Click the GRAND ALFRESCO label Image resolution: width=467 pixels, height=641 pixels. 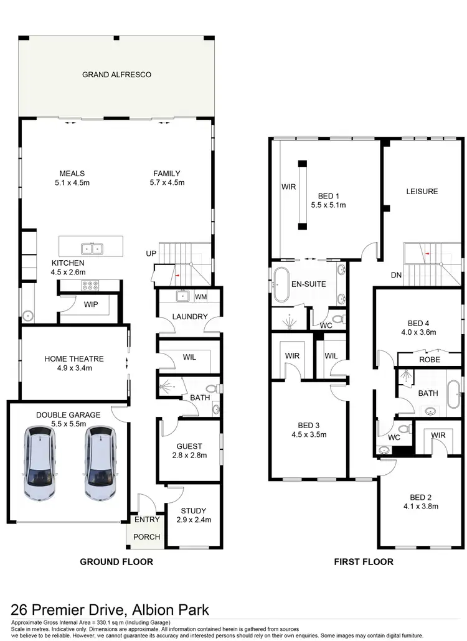point(117,75)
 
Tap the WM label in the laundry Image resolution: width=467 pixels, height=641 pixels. point(200,297)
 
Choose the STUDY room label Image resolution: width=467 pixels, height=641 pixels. point(191,511)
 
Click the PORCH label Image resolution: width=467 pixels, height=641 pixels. point(147,536)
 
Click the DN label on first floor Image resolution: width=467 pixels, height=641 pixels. point(395,274)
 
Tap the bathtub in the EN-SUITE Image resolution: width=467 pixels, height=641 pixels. point(278,284)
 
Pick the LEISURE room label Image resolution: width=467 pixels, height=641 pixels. point(422,192)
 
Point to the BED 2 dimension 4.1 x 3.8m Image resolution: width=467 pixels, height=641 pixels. point(425,507)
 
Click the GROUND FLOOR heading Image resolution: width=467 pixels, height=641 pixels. point(116,561)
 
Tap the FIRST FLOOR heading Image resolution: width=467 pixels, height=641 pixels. point(364,561)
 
